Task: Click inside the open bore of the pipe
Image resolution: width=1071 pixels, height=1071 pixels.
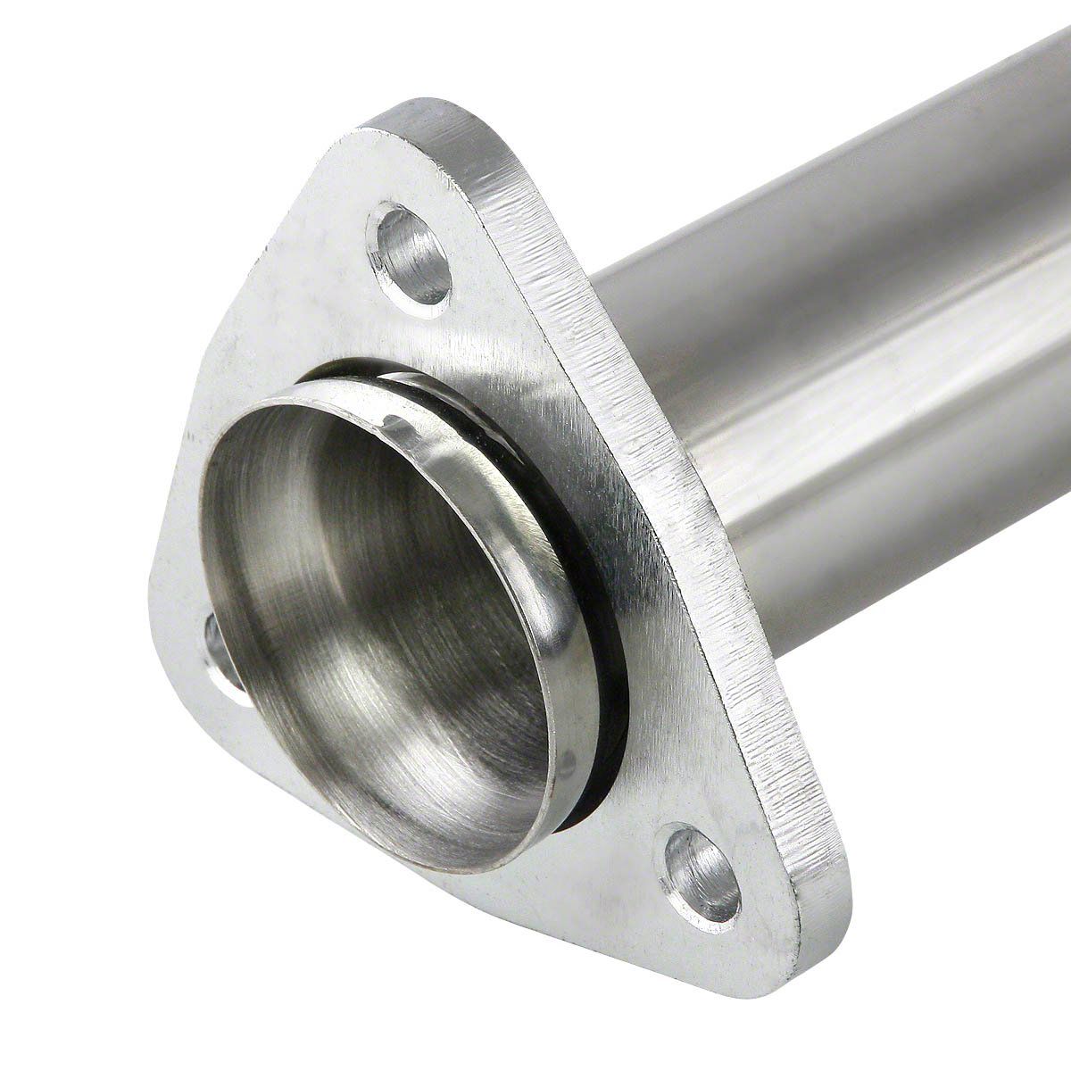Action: (x=375, y=625)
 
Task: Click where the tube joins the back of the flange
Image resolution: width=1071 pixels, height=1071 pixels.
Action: (x=616, y=295)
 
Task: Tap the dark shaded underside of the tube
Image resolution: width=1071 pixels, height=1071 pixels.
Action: (x=892, y=553)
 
